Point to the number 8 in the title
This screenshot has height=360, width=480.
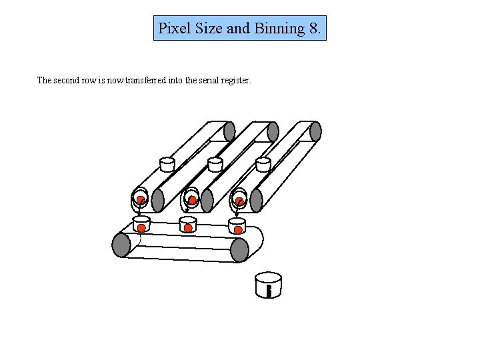[x=315, y=29]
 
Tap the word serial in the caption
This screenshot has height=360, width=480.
[x=209, y=81]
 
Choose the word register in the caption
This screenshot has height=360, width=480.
[x=236, y=81]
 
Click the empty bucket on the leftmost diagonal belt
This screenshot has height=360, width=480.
[x=167, y=164]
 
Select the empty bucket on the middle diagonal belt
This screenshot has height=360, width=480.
[x=215, y=164]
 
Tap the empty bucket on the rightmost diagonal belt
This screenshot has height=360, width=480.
[x=263, y=164]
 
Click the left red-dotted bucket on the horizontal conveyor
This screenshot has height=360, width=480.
[x=141, y=224]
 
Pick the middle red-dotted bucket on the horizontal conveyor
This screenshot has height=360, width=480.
[x=188, y=225]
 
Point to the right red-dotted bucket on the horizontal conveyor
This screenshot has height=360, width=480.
[x=237, y=225]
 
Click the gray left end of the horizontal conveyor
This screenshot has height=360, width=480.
[x=121, y=245]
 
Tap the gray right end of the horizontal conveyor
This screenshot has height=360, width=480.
[x=239, y=249]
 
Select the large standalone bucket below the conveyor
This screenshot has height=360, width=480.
[x=269, y=285]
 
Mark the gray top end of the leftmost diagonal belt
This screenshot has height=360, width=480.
[x=229, y=131]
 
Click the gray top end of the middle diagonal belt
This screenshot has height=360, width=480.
[x=273, y=131]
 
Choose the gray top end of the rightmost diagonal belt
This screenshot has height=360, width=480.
[x=315, y=131]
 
